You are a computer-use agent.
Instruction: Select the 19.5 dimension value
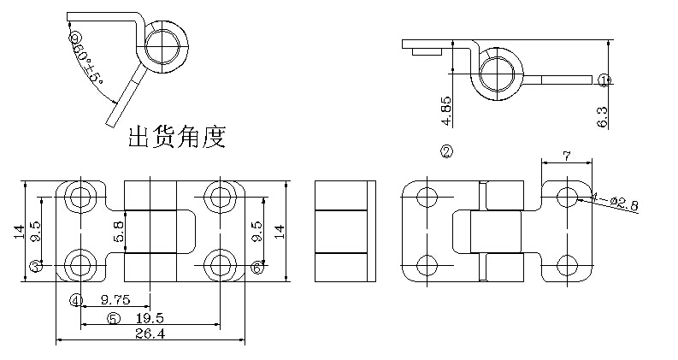coord(149,317)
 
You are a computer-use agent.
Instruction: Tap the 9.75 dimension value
coord(115,300)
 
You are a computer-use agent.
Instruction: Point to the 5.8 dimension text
coord(118,232)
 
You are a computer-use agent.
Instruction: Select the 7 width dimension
coord(566,156)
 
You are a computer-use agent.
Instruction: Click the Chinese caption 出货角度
coord(177,137)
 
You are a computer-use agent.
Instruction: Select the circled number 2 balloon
coord(446,152)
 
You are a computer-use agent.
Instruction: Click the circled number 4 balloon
coord(76,300)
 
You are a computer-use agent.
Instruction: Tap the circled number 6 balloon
coord(256,267)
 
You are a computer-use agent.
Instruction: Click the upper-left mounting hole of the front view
coord(81,197)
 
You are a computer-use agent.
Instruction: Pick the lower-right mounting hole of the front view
coord(221,263)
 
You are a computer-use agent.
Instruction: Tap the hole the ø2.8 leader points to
coord(566,197)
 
